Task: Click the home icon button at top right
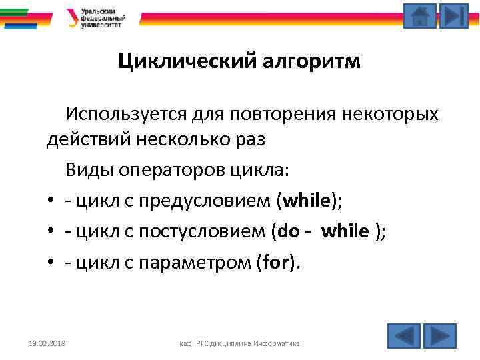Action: [x=420, y=16]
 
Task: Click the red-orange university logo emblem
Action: [x=73, y=17]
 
